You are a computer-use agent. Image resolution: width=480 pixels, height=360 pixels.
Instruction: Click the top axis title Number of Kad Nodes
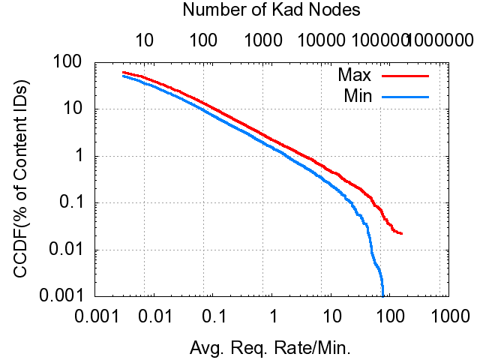pyautogui.click(x=271, y=10)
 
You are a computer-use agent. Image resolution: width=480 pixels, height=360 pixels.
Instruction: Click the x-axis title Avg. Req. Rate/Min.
pyautogui.click(x=271, y=347)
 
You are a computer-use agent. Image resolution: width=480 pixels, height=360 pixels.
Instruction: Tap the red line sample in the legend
pyautogui.click(x=405, y=76)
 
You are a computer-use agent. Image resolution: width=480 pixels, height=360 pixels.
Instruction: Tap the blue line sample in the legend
pyautogui.click(x=405, y=95)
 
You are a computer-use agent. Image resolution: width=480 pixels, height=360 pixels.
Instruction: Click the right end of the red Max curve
pyautogui.click(x=403, y=234)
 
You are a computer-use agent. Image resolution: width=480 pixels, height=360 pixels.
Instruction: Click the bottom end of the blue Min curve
pyautogui.click(x=382, y=295)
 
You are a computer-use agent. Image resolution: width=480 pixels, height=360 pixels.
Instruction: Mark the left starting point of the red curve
pyautogui.click(x=123, y=72)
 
